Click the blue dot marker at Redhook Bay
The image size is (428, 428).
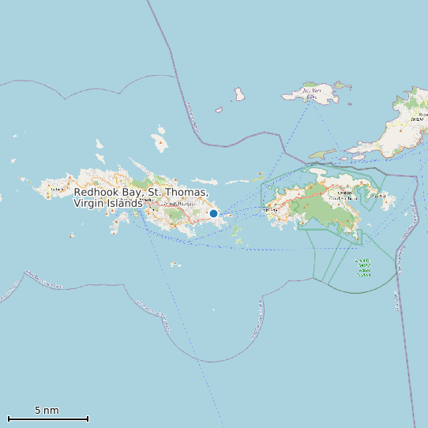(x=213, y=213)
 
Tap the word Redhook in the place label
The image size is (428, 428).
(x=97, y=193)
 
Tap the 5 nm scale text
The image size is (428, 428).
(x=47, y=411)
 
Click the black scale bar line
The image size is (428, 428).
(x=47, y=419)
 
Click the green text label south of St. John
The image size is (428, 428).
(x=363, y=268)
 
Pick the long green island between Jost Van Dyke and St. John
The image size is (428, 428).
(x=323, y=154)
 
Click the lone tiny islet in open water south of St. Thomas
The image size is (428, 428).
(x=175, y=264)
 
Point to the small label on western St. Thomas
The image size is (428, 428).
(x=56, y=189)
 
